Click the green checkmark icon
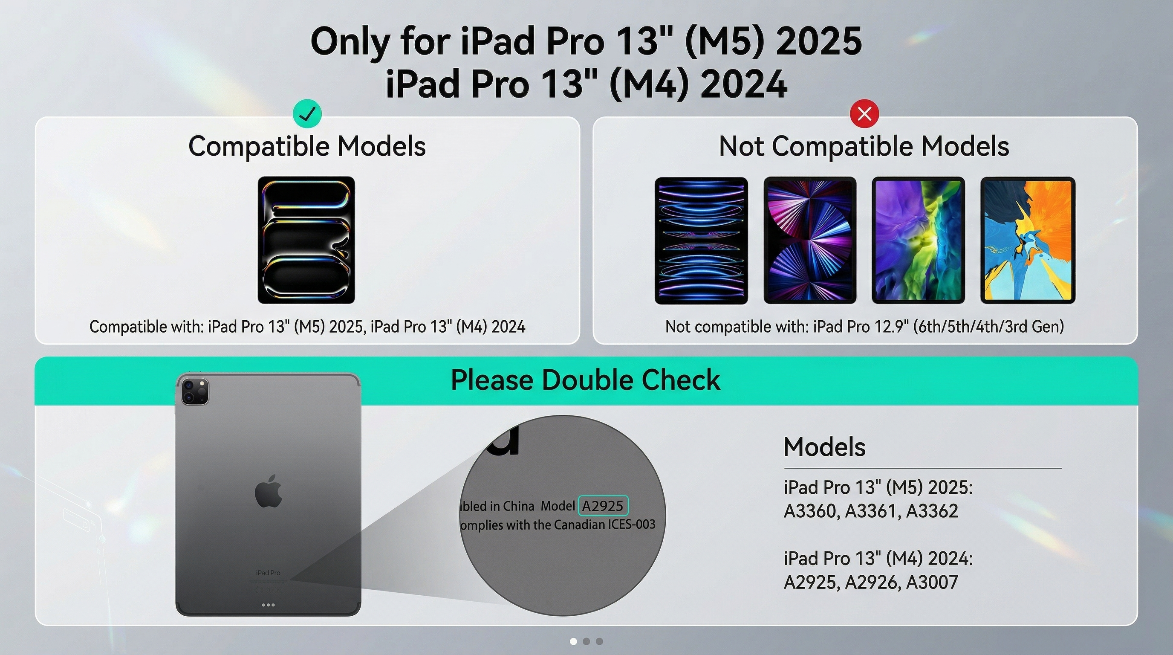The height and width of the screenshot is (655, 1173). coord(307,113)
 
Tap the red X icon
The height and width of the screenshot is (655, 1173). coord(864,113)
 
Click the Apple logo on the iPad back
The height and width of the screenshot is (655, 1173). coord(269,490)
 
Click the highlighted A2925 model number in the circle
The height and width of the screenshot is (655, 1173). coord(603,506)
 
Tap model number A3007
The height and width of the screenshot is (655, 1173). coord(932,582)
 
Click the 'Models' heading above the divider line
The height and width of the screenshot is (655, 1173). coord(824,447)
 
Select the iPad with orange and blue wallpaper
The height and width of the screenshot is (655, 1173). coord(1028,241)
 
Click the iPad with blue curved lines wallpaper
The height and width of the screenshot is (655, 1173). coord(701,241)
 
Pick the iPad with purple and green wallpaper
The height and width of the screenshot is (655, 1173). coord(918,241)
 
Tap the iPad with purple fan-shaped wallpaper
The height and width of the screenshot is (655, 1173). coord(809,241)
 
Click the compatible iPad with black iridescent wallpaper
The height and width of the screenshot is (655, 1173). coord(306,240)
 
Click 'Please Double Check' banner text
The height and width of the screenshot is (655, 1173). coord(586,380)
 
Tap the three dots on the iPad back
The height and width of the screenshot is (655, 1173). coord(268,605)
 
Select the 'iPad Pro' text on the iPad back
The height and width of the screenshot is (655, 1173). coord(268,573)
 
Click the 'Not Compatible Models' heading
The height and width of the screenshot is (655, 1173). coord(864,146)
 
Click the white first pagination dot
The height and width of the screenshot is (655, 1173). coord(573,641)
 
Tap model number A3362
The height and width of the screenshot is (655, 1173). coord(932,511)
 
